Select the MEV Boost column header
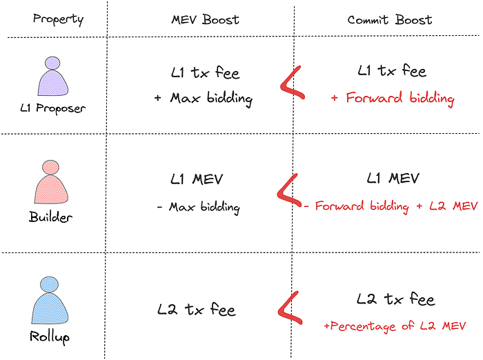(200, 19)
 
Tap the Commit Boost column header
(390, 19)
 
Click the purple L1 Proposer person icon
(53, 77)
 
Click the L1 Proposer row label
(53, 109)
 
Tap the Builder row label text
(52, 217)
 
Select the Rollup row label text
(50, 337)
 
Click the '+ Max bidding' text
(203, 99)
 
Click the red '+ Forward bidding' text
(392, 99)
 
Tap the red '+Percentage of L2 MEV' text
(395, 325)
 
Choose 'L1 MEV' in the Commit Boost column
(394, 179)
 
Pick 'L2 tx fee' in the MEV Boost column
(196, 310)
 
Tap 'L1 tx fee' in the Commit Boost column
(392, 71)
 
